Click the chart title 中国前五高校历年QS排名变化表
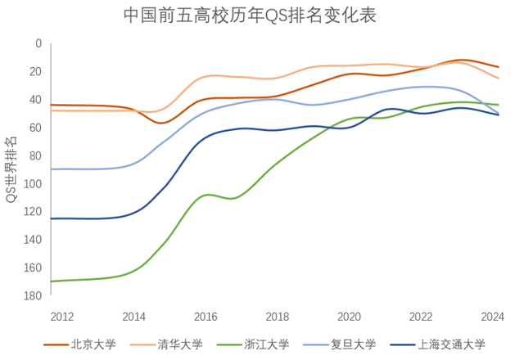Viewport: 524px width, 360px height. pos(250,16)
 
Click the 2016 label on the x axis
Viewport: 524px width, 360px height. pos(206,317)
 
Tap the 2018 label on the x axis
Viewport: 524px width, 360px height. pos(278,317)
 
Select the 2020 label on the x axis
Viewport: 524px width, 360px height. pos(350,317)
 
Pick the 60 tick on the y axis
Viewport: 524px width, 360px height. pos(35,128)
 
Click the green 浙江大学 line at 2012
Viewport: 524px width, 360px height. pos(52,281)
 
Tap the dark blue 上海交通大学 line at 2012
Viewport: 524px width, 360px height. pos(52,218)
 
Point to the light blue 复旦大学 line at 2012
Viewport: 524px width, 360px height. pos(52,169)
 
